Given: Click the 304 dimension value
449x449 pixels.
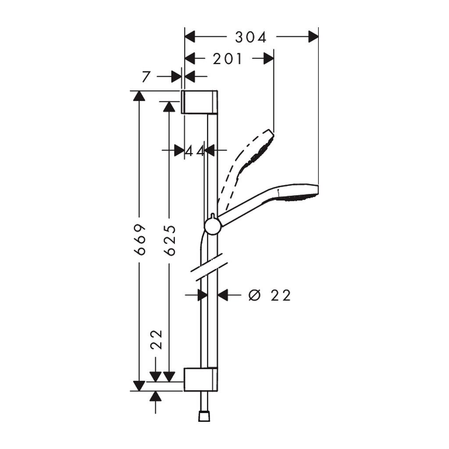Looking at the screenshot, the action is (251, 38).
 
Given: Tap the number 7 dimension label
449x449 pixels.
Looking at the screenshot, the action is (147, 77).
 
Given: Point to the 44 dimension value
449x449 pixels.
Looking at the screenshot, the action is (195, 151).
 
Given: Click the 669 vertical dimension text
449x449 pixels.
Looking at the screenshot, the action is (139, 239).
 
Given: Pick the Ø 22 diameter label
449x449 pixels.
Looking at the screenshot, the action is (269, 296).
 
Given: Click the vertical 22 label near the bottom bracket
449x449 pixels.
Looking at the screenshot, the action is (157, 339).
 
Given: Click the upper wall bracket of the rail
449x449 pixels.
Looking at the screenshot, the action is (199, 102).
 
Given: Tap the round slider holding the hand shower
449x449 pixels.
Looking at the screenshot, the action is (212, 226).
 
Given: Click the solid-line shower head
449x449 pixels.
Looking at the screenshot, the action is (298, 192).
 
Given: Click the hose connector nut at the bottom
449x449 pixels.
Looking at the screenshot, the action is (204, 416).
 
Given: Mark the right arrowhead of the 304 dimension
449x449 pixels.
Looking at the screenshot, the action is (313, 38).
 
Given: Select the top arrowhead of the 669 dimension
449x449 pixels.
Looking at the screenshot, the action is (139, 96).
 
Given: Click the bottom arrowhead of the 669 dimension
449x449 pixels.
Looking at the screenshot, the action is (139, 386).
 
